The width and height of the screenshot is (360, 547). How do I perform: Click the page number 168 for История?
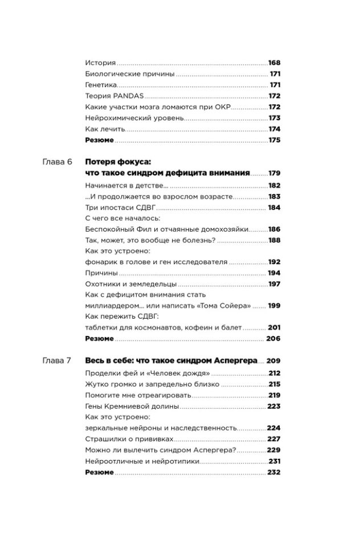(274, 62)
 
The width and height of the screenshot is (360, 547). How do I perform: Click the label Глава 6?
(57, 162)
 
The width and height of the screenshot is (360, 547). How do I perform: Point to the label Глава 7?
(57, 360)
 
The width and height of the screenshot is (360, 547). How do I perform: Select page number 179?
(274, 173)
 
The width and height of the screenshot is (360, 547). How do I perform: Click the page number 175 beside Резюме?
(274, 139)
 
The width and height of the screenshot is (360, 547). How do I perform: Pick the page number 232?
(274, 472)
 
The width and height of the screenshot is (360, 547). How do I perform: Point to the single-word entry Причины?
(100, 273)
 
